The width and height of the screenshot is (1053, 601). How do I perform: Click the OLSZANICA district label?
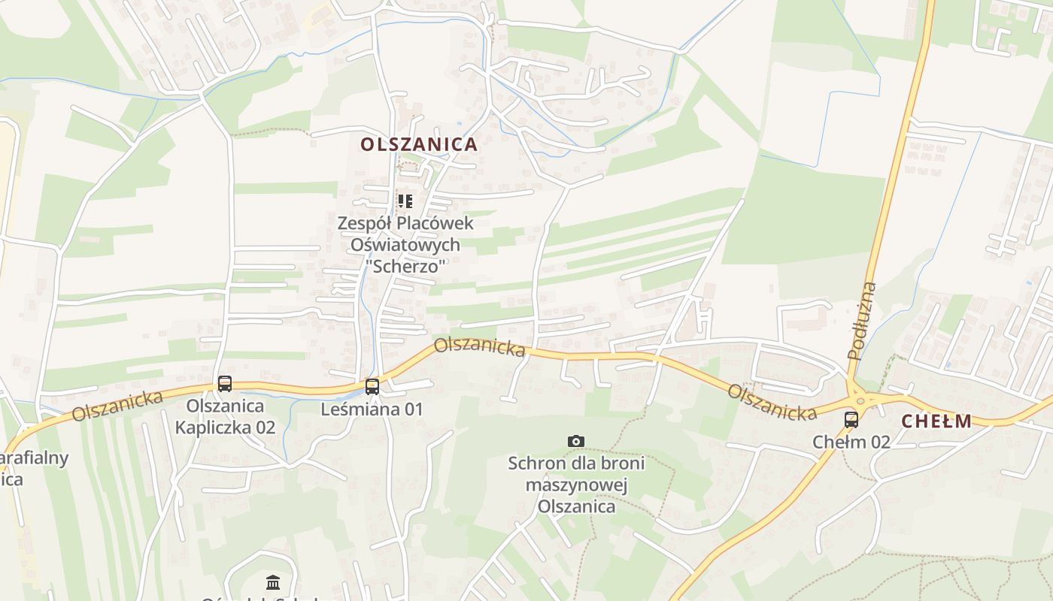pyautogui.click(x=419, y=144)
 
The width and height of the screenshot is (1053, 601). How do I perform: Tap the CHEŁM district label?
pyautogui.click(x=936, y=421)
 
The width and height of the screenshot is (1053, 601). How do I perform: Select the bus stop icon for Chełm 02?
pyautogui.click(x=851, y=420)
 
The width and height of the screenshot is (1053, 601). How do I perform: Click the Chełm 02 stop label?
pyautogui.click(x=851, y=442)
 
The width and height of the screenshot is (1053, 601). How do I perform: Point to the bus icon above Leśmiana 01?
pyautogui.click(x=372, y=387)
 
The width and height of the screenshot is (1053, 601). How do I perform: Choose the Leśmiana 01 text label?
pyautogui.click(x=372, y=409)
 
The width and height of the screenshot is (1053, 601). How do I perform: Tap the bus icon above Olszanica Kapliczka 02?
pyautogui.click(x=224, y=384)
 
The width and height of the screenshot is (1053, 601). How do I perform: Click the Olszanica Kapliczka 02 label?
pyautogui.click(x=225, y=417)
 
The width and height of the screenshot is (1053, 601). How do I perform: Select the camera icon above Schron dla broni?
pyautogui.click(x=575, y=441)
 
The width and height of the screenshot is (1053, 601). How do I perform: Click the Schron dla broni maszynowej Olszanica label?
pyautogui.click(x=576, y=485)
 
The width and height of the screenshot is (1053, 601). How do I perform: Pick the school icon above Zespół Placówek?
pyautogui.click(x=405, y=201)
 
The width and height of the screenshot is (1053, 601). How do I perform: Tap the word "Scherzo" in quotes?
pyautogui.click(x=405, y=265)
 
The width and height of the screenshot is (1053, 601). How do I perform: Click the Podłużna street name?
pyautogui.click(x=862, y=321)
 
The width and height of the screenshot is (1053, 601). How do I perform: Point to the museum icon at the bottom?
pyautogui.click(x=273, y=582)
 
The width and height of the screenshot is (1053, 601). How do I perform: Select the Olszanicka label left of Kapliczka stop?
pyautogui.click(x=118, y=406)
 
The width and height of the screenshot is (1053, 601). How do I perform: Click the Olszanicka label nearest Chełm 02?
pyautogui.click(x=772, y=403)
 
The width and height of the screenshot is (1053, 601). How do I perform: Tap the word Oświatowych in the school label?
pyautogui.click(x=405, y=244)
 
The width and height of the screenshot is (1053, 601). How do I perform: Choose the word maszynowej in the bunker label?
pyautogui.click(x=576, y=485)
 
